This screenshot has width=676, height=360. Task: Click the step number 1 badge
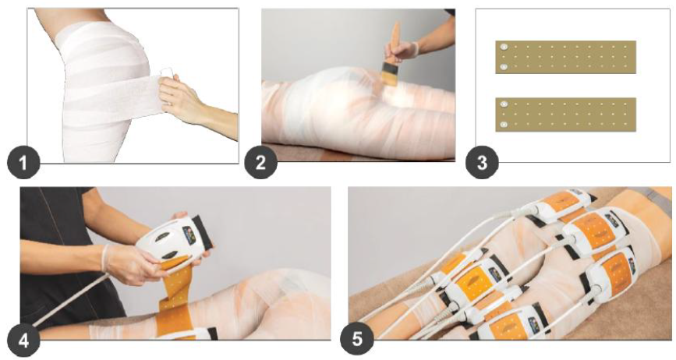coord(23,163)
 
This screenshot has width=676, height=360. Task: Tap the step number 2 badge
coord(260,163)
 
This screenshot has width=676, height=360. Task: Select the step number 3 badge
coord(482,163)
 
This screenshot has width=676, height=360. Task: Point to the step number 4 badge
coord(23,341)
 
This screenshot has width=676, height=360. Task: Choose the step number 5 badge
coord(357,339)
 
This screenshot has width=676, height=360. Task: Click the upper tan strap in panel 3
coord(565,58)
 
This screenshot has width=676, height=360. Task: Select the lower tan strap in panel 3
coord(565,115)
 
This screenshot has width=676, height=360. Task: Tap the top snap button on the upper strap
coord(503,47)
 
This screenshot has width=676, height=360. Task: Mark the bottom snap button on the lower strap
coord(503,125)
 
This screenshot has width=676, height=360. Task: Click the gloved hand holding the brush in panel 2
coord(403,50)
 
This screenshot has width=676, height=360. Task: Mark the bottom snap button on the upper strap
coord(503,67)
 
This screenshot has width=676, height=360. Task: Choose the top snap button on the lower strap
coord(503,104)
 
